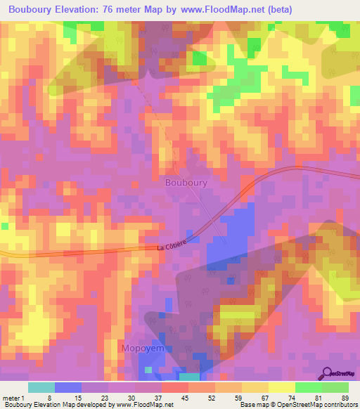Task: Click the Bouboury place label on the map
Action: (186, 182)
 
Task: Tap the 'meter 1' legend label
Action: (12, 397)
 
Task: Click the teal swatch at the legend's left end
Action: (41, 387)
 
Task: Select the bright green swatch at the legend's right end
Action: (335, 387)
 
